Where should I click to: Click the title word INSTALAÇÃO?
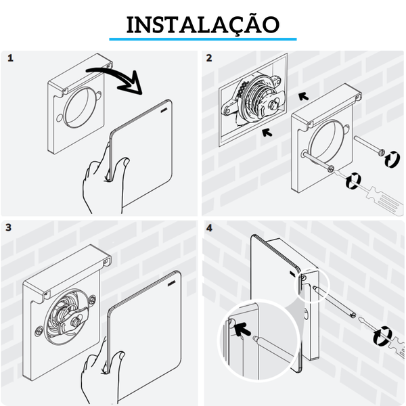pos(203,24)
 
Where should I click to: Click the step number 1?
pos(10,58)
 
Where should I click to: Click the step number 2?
pos(209,58)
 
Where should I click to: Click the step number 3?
pos(10,227)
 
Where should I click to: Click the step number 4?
pos(209,227)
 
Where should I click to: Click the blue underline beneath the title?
pos(203,39)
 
